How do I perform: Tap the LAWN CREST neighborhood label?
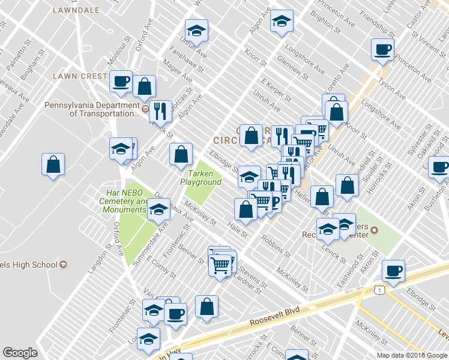(79, 76)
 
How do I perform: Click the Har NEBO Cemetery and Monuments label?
(124, 202)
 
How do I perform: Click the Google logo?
(20, 353)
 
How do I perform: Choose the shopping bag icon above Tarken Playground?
(181, 154)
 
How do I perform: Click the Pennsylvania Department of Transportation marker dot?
(146, 109)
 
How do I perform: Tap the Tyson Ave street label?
(392, 83)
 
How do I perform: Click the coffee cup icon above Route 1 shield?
(393, 271)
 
